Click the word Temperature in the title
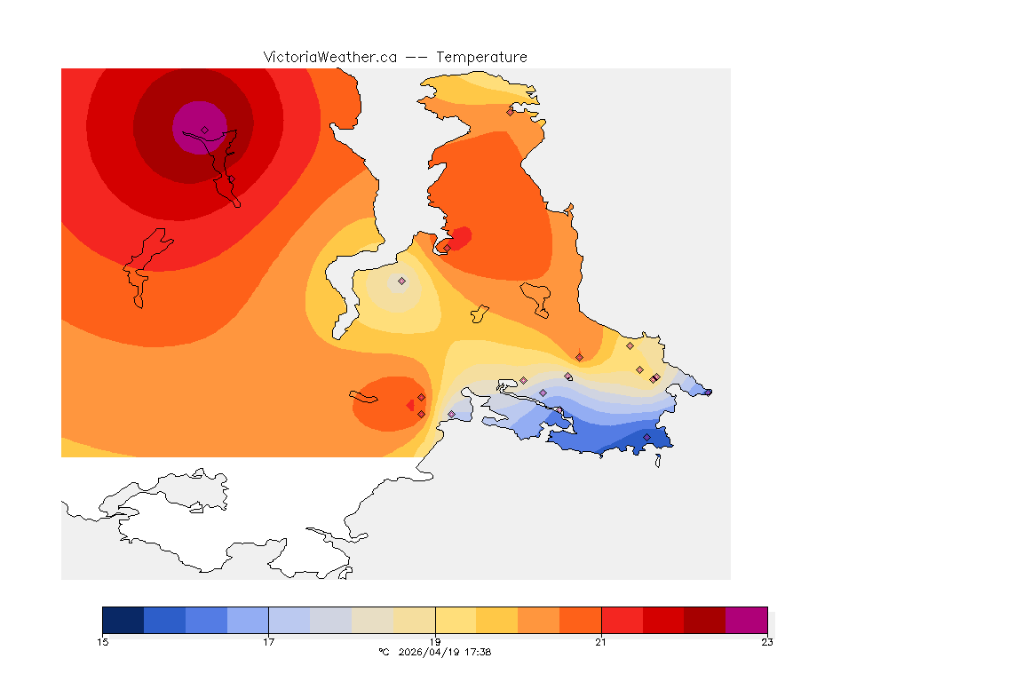click(x=483, y=57)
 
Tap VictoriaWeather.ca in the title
click(x=329, y=57)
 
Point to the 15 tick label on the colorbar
click(x=103, y=642)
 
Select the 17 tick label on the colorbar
click(x=268, y=642)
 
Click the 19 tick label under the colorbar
click(x=435, y=642)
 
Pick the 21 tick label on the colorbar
click(x=601, y=642)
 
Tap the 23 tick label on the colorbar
click(x=767, y=642)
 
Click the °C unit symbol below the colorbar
click(x=384, y=652)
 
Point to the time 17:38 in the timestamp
click(x=478, y=652)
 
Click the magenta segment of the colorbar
click(x=746, y=619)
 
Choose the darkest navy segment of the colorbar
click(x=123, y=619)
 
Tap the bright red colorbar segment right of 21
click(x=622, y=619)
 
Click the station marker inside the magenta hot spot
click(x=204, y=130)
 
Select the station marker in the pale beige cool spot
click(x=401, y=281)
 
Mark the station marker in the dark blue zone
click(x=646, y=437)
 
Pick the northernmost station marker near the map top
click(x=510, y=112)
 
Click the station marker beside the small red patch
click(x=448, y=247)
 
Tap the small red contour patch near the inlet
click(x=461, y=235)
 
